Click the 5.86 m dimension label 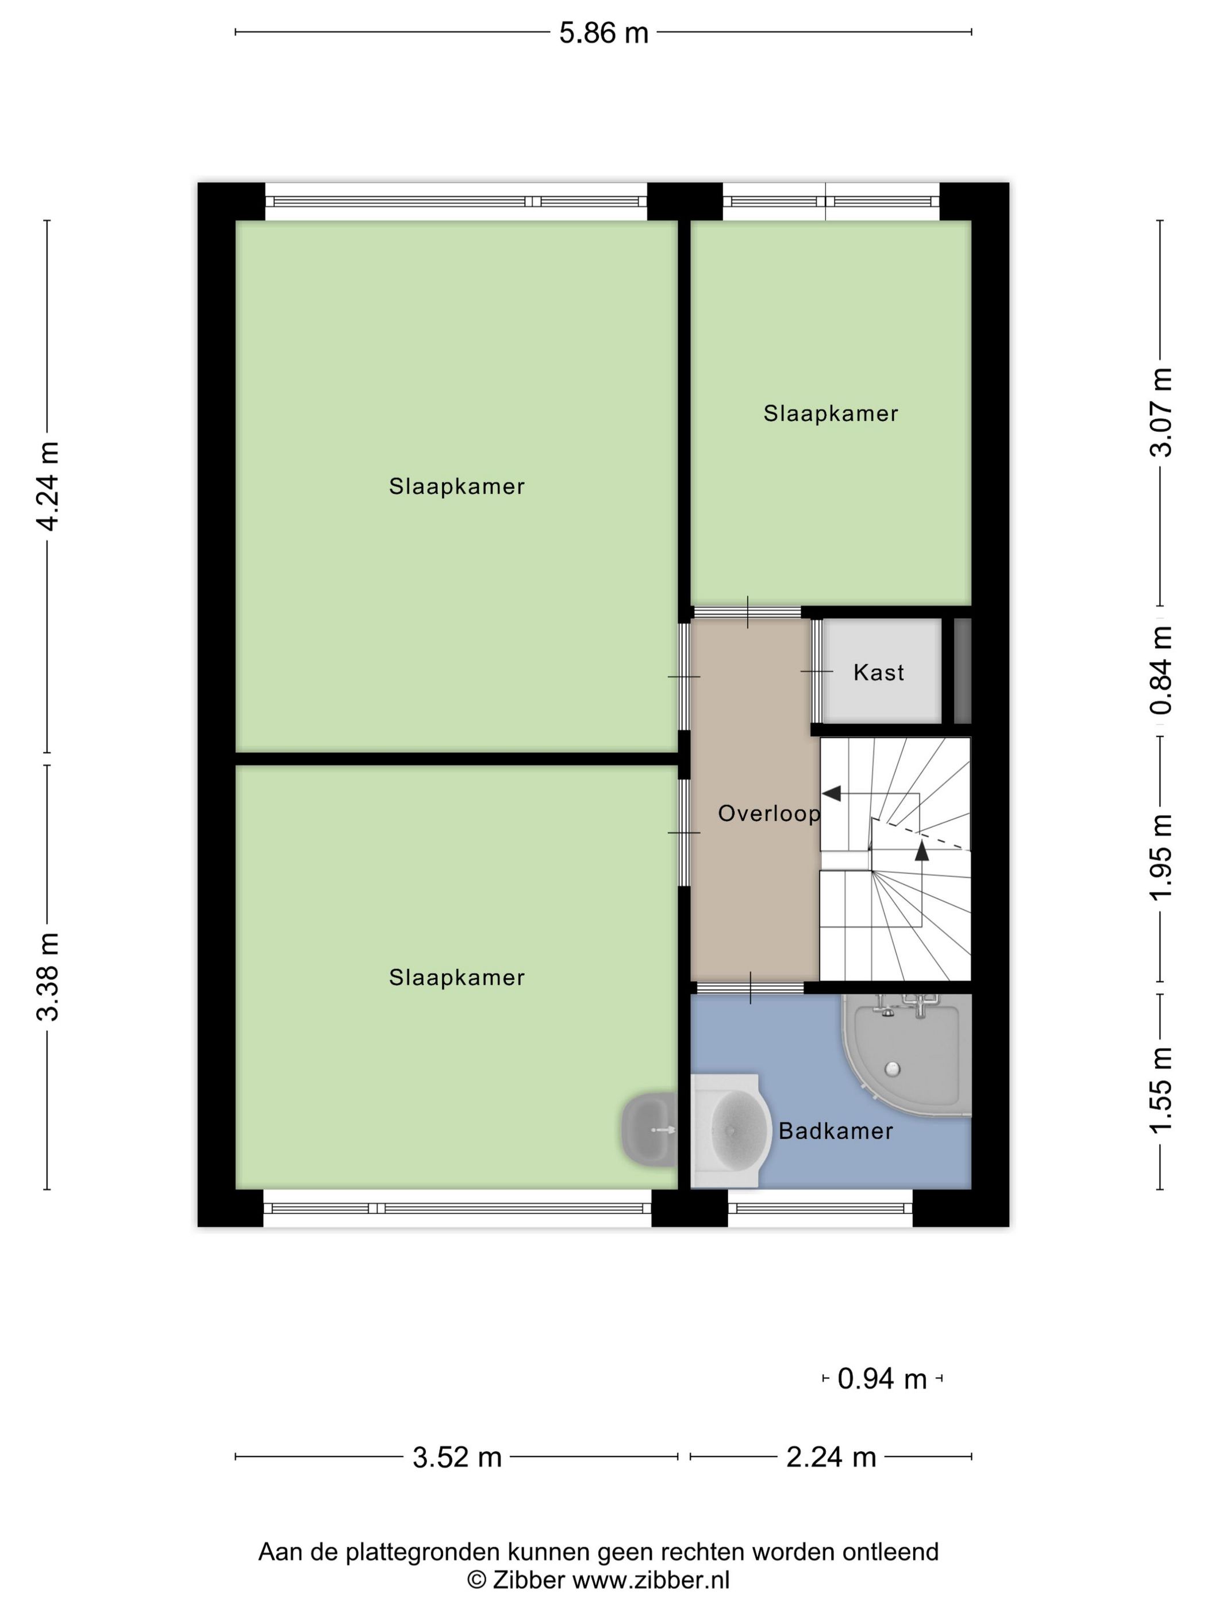(603, 33)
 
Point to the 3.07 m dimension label (1160, 413)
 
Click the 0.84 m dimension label (1160, 670)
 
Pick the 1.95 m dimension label (1160, 857)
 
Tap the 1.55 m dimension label (1160, 1090)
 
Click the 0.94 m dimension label (882, 1378)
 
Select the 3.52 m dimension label (457, 1457)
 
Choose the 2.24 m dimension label (831, 1457)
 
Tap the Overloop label (769, 813)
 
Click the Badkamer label (835, 1130)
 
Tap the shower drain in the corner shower (892, 1068)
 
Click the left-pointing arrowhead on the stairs (832, 793)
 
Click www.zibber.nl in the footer (651, 1580)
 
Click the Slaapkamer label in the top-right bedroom (830, 413)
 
